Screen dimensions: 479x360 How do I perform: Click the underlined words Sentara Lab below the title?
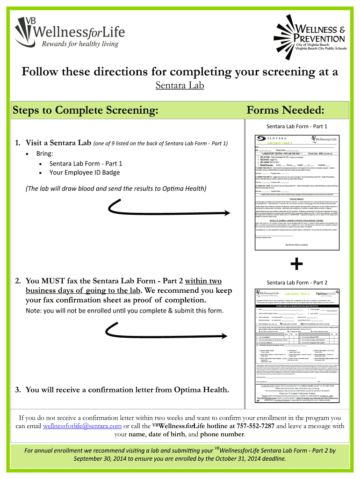(180, 86)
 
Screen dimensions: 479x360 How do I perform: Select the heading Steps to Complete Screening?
(85, 110)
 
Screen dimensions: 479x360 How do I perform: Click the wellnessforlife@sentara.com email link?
(82, 426)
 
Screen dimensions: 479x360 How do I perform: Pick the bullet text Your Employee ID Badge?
(86, 173)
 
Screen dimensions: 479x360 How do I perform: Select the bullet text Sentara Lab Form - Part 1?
(86, 163)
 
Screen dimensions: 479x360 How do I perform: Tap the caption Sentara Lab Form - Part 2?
(297, 283)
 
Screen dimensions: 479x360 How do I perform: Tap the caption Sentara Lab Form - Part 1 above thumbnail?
(297, 126)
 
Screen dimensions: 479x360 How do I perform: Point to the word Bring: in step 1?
(45, 153)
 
